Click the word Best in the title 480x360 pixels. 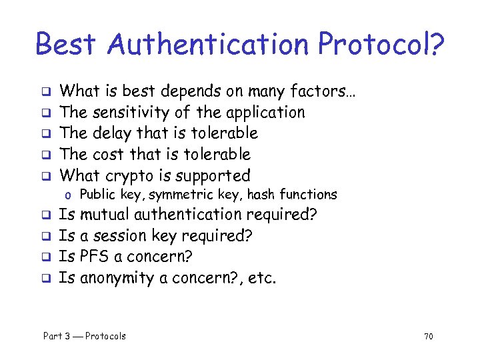(65, 45)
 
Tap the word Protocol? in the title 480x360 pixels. (381, 45)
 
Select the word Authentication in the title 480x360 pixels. (206, 45)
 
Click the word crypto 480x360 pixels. (127, 176)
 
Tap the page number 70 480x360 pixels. (428, 336)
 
